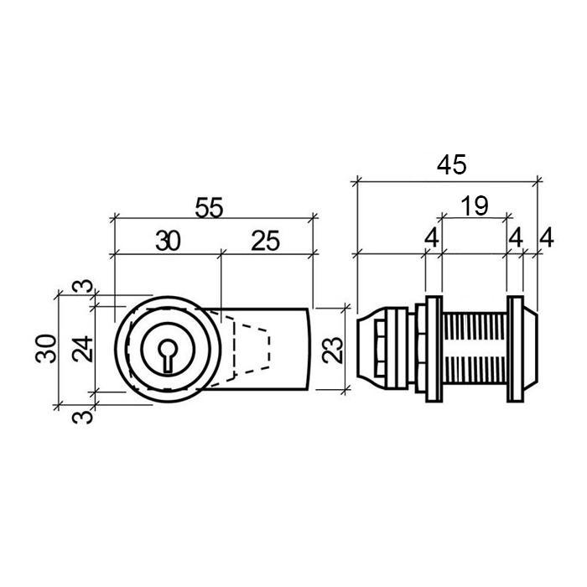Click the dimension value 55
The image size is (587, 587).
[209, 207]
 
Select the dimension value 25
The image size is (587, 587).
[266, 241]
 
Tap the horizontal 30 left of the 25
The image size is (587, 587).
[168, 242]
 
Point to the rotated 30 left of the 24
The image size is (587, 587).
[46, 349]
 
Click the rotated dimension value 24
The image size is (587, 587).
[83, 349]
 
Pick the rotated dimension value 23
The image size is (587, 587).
[332, 350]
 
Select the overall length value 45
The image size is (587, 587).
[452, 164]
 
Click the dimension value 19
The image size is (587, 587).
[475, 205]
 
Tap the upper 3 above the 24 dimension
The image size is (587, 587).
[83, 286]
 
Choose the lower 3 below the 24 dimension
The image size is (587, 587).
[83, 417]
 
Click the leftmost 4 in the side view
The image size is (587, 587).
[432, 237]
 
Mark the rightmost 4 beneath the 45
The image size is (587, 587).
[547, 237]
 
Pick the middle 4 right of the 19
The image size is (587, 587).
[516, 237]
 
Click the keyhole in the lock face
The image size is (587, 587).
[168, 356]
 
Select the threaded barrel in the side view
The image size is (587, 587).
[475, 349]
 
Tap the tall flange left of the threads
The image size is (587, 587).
[434, 349]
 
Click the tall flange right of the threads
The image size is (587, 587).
[516, 349]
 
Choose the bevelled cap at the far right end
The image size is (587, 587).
[531, 349]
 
